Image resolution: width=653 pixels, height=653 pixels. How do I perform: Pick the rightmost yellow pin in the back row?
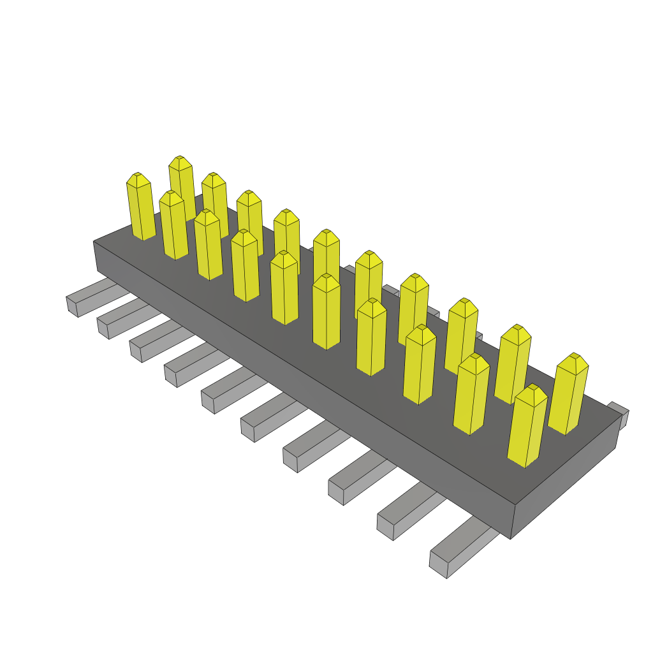click(568, 395)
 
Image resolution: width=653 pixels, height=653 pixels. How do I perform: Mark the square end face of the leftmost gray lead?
click(71, 305)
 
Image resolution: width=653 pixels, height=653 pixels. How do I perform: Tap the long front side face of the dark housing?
click(300, 383)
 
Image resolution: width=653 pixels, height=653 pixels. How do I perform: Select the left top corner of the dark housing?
click(94, 242)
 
